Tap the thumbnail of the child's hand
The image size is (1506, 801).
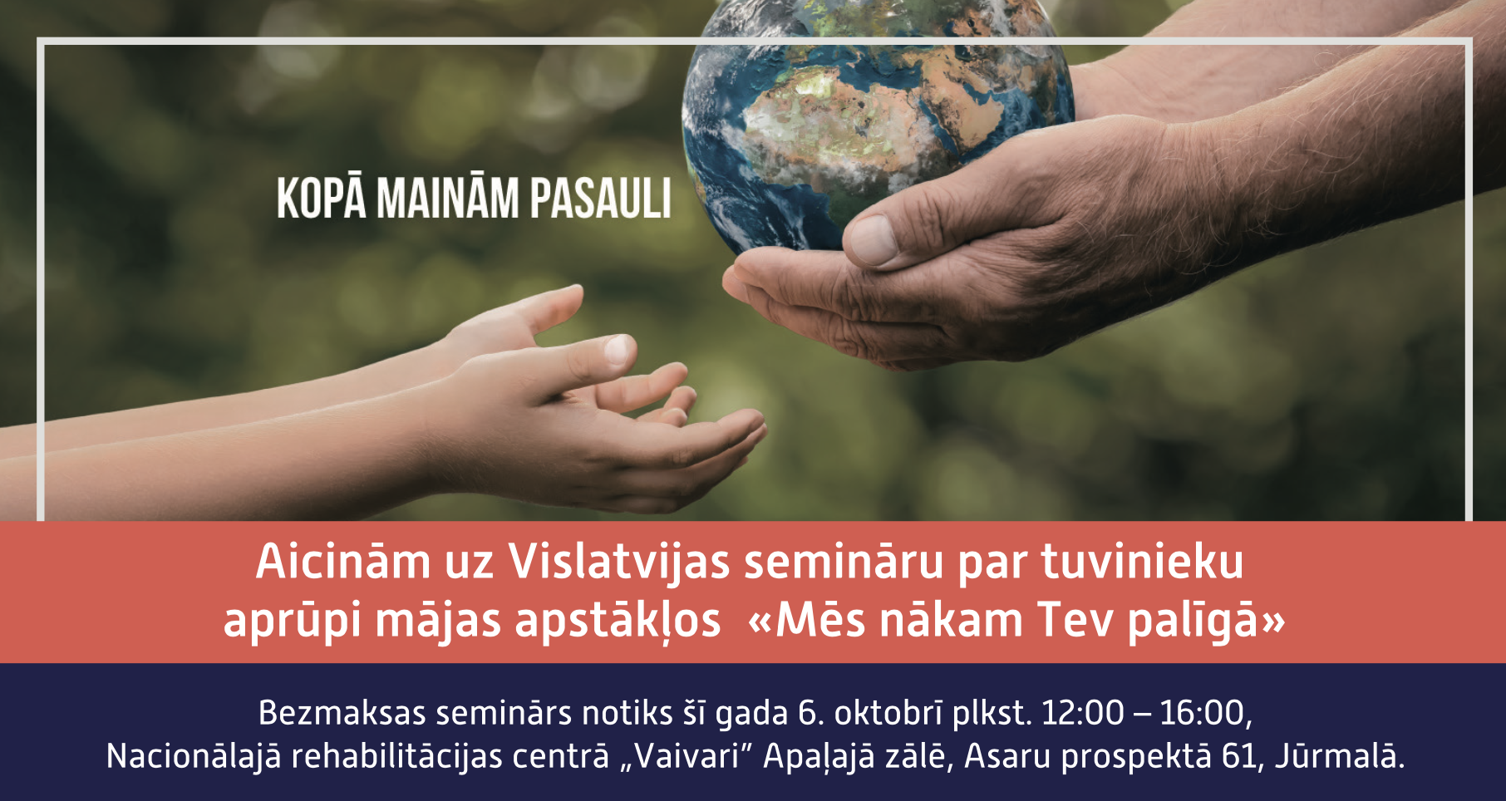618,349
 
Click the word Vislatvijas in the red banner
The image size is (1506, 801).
619,563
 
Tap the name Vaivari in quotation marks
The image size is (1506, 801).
685,757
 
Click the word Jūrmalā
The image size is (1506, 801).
1339,755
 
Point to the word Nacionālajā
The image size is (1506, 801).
194,757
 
